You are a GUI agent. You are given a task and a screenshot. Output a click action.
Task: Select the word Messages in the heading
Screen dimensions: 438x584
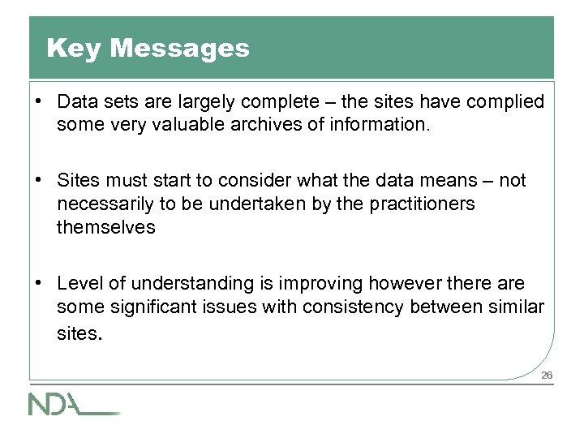[179, 49]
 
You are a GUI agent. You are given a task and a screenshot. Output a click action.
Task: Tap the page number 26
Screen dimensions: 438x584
[547, 375]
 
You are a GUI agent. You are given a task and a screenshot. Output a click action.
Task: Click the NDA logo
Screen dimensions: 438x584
[73, 403]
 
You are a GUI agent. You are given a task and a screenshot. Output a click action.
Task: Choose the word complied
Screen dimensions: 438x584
[505, 102]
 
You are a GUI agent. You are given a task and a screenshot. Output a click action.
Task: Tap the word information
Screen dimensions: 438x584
[379, 125]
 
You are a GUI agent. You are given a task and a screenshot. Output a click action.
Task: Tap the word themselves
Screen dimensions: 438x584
[105, 227]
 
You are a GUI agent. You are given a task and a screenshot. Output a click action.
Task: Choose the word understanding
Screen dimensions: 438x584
[184, 284]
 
